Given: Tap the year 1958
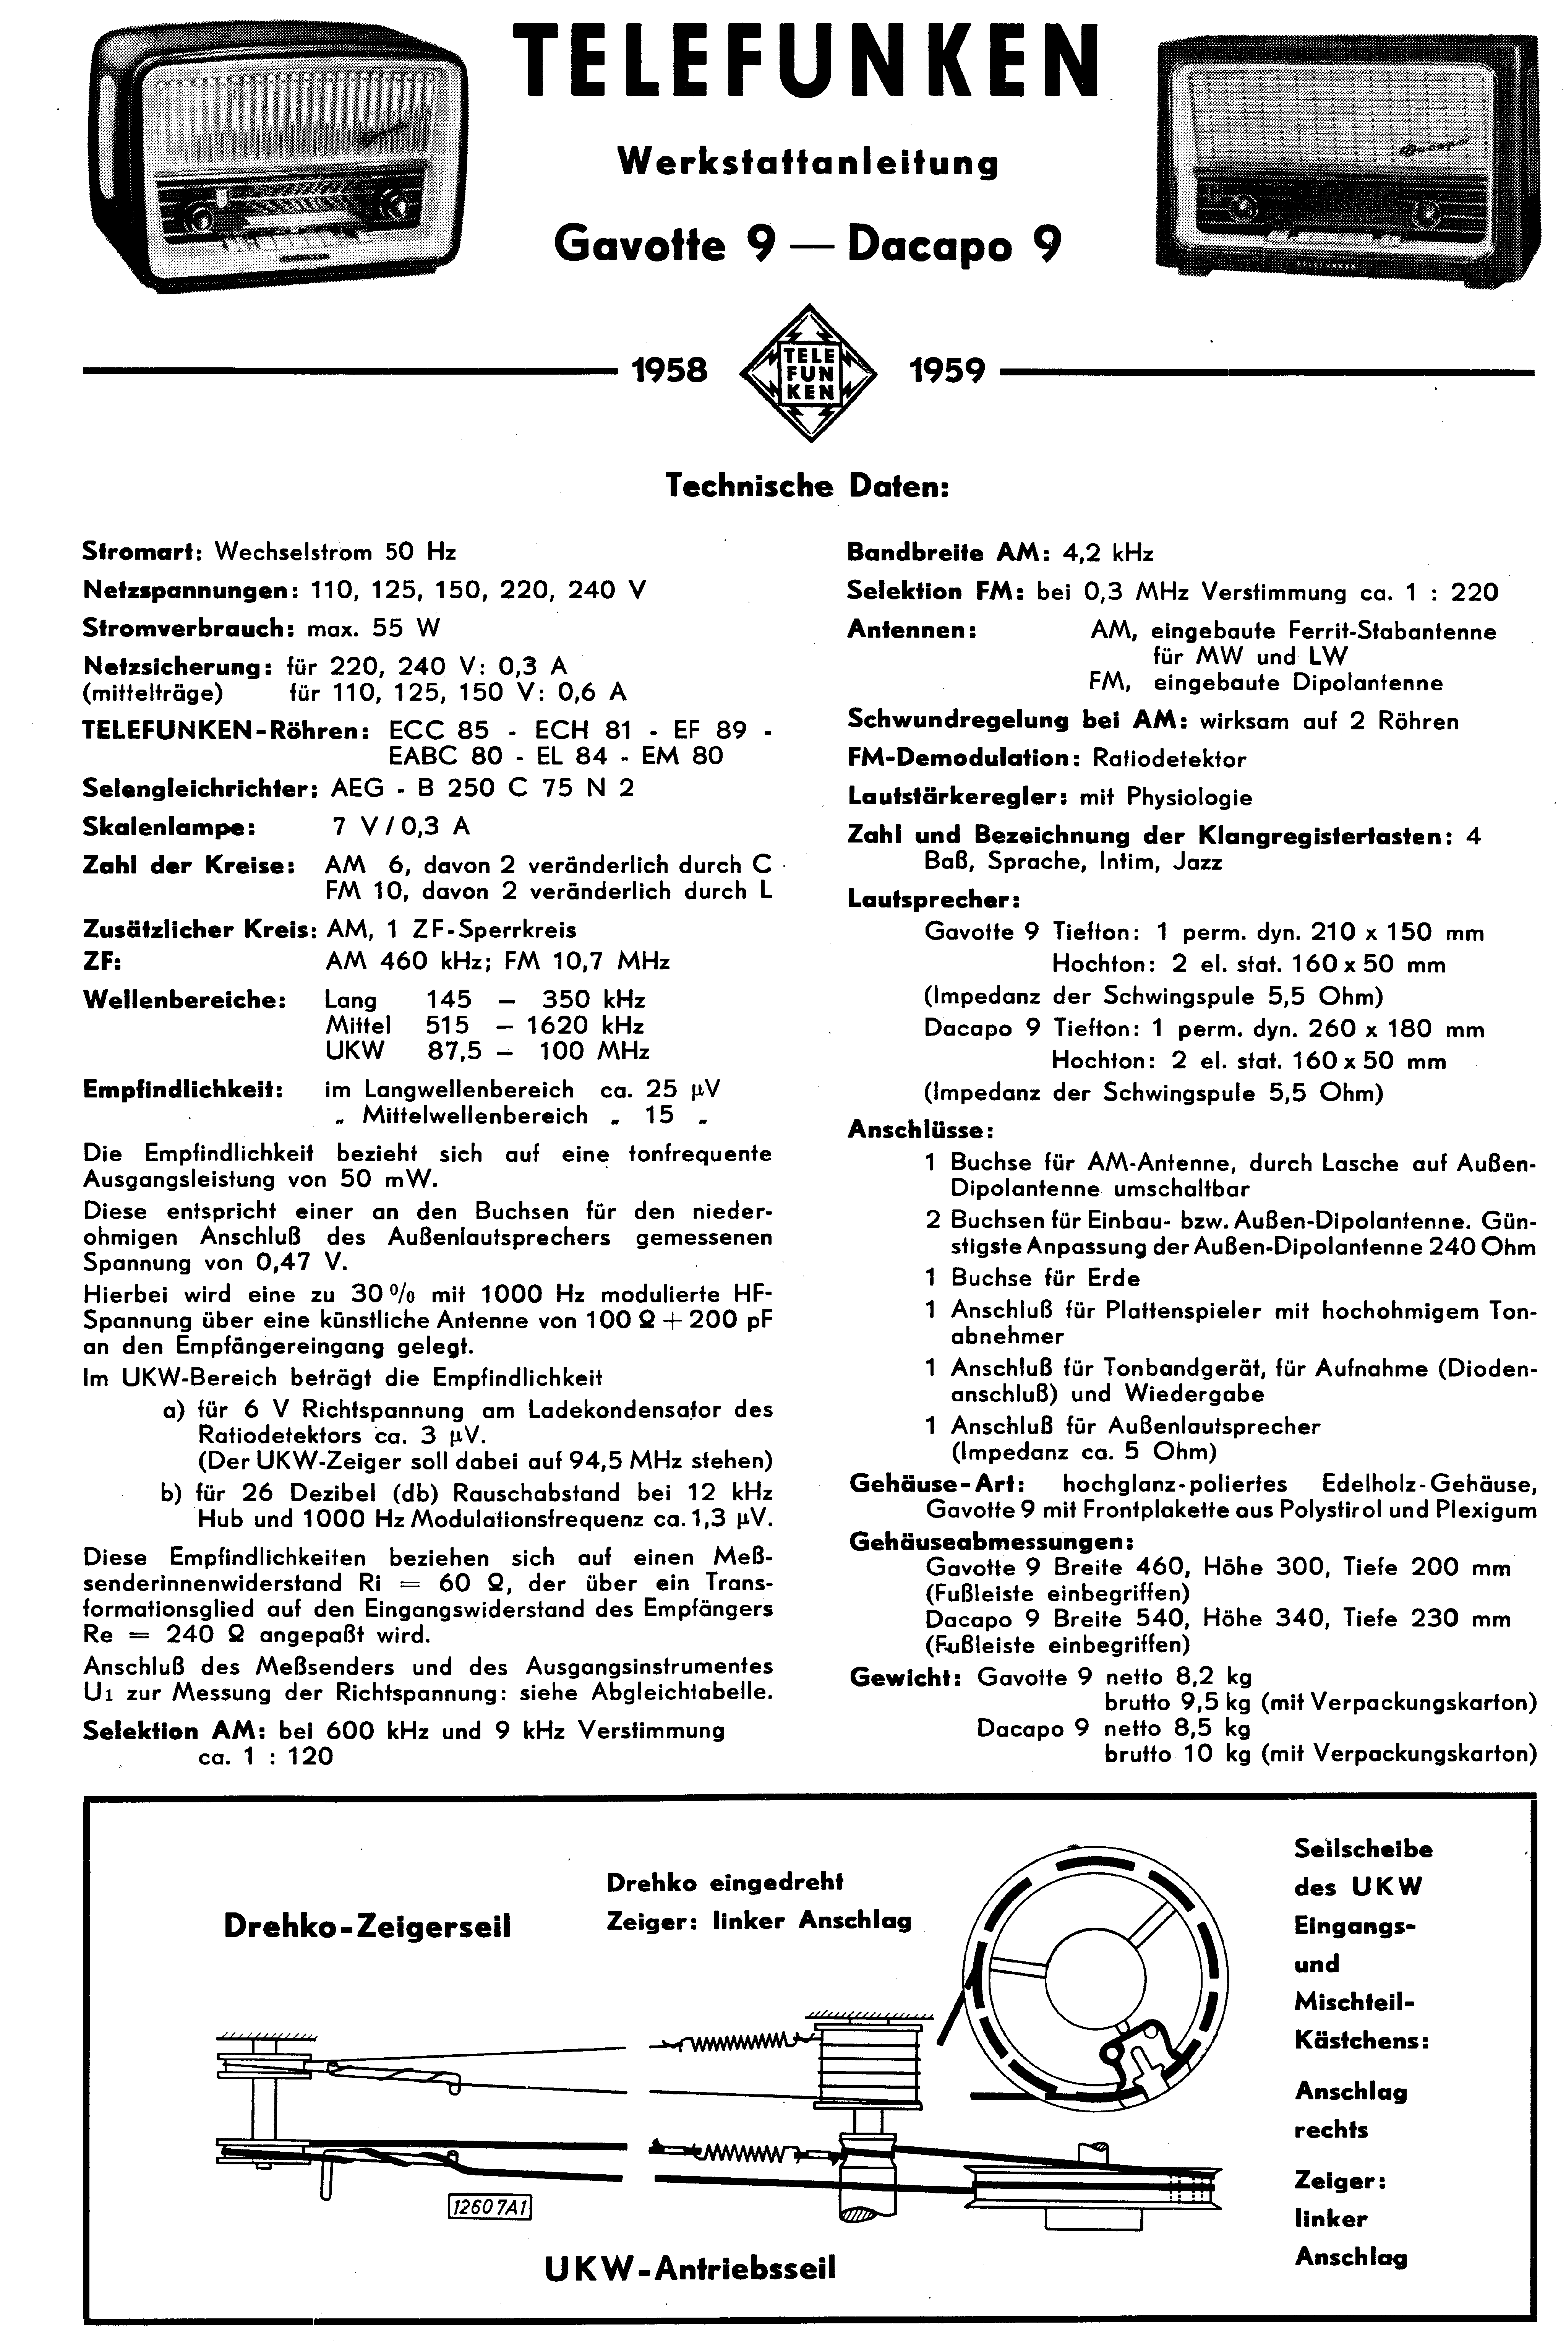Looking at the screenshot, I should pos(670,372).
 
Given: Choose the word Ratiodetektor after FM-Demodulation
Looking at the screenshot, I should pos(1169,759).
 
